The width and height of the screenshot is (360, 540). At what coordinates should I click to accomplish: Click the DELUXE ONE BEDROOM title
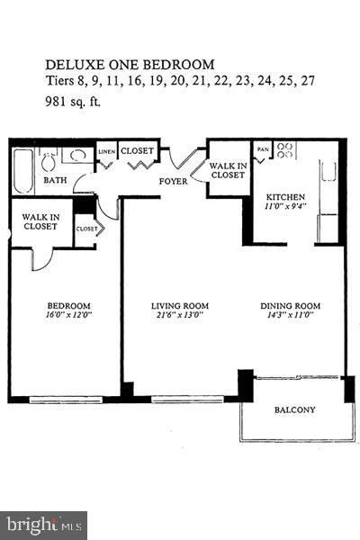(x=130, y=64)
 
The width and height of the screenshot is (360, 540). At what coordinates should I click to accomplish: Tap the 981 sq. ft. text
(x=74, y=102)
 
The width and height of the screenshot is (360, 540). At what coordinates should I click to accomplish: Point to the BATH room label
(x=31, y=180)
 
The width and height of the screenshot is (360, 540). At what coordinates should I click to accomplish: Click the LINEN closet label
(x=106, y=151)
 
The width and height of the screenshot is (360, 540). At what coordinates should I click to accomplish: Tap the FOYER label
(x=174, y=181)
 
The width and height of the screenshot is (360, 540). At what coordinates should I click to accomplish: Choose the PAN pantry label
(x=263, y=149)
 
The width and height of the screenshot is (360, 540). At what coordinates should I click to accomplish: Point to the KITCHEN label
(x=285, y=197)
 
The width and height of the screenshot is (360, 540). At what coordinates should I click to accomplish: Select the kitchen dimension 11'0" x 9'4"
(x=285, y=207)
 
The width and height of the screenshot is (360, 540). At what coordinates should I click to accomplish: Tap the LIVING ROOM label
(x=179, y=306)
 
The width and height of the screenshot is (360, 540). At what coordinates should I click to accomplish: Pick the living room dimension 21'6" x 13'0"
(x=179, y=316)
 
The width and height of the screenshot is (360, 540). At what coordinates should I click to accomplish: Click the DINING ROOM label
(x=290, y=306)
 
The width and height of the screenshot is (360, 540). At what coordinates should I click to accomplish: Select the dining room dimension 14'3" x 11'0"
(x=290, y=316)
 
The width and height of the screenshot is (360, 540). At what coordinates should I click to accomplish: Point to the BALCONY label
(x=294, y=410)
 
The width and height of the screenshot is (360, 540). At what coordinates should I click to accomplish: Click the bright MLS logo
(x=43, y=524)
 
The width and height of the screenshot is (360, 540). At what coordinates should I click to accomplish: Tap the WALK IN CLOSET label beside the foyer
(x=227, y=170)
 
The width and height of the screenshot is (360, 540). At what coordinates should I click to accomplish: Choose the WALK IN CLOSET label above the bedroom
(x=41, y=221)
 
